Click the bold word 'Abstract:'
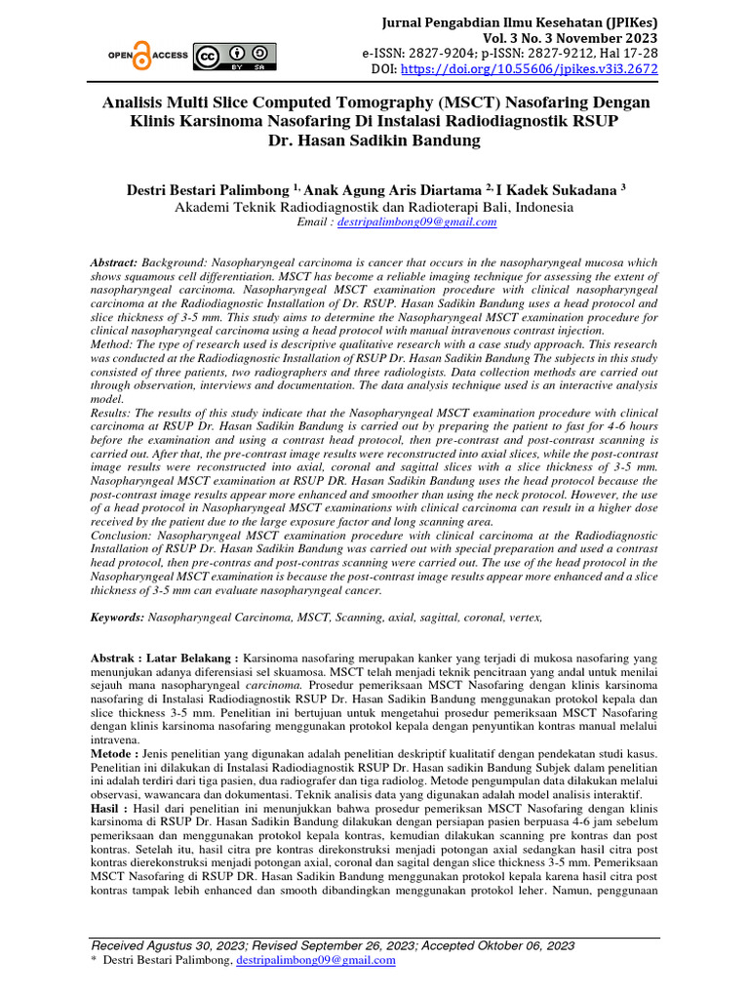[114, 263]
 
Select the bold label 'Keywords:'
[117, 618]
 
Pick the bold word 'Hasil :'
[109, 809]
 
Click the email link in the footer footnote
[316, 961]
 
